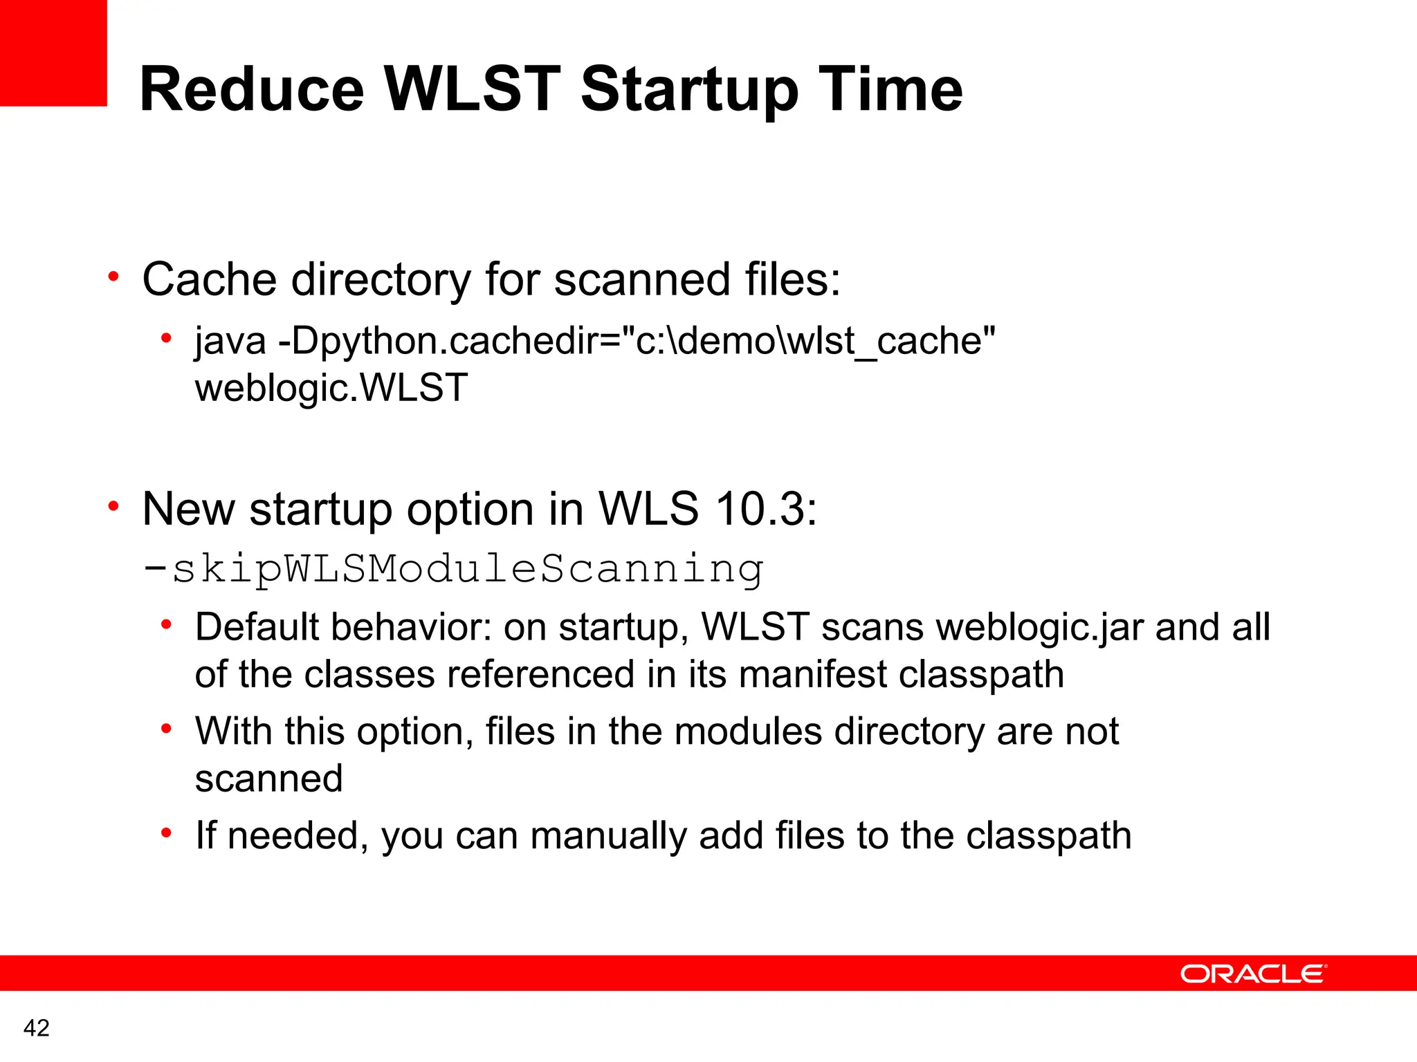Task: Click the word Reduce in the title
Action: (252, 89)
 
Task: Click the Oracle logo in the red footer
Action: (1253, 973)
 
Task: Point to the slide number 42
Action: (37, 1028)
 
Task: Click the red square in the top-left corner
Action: (53, 53)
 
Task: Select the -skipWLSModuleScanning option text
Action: (453, 569)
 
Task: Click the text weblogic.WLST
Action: (331, 387)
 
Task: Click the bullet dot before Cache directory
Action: (114, 278)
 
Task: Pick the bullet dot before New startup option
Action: (114, 507)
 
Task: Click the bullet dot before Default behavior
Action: (166, 626)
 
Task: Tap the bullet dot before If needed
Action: (166, 834)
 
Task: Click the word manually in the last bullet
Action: (608, 836)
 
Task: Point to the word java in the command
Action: (230, 341)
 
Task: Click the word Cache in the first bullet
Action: (210, 279)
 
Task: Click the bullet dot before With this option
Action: (166, 729)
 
